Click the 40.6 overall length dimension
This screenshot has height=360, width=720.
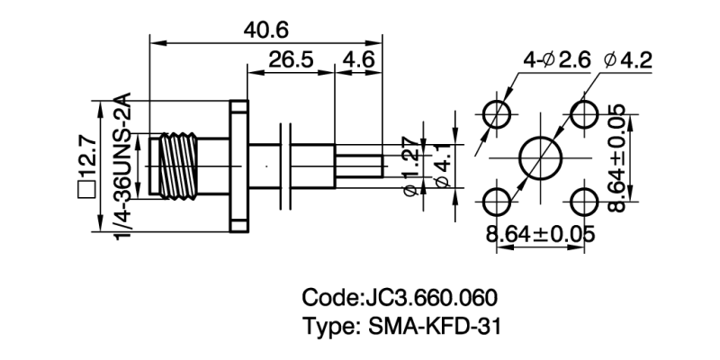click(x=265, y=29)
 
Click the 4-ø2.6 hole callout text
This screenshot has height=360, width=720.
click(x=556, y=61)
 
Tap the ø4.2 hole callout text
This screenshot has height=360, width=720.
click(x=629, y=61)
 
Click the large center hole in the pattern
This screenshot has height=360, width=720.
click(x=540, y=157)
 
